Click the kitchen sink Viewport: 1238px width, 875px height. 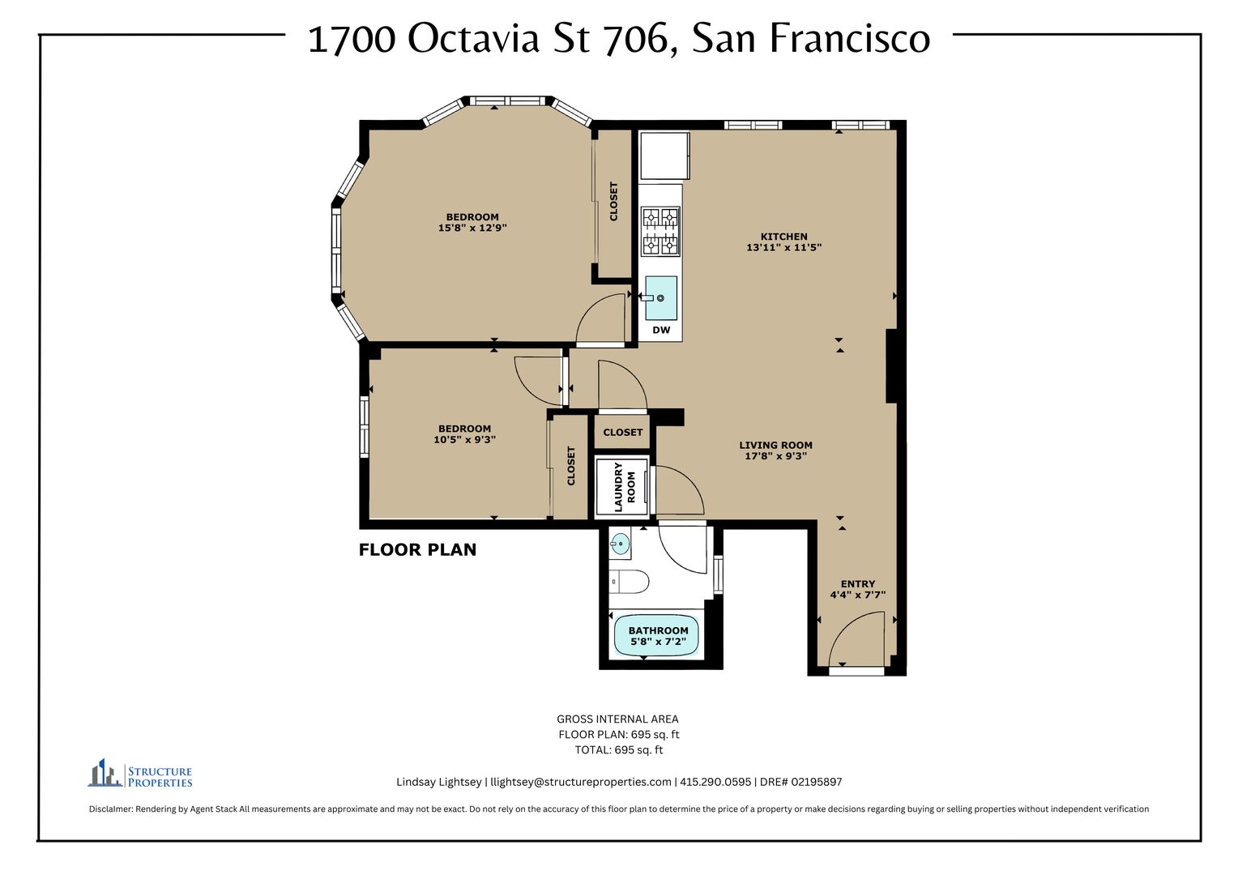click(x=661, y=298)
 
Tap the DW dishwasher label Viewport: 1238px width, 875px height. click(x=661, y=330)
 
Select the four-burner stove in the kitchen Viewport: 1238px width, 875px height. click(x=660, y=232)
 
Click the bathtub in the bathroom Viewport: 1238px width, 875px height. click(x=656, y=636)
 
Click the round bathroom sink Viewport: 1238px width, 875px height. click(x=620, y=544)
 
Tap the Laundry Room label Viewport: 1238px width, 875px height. click(x=625, y=487)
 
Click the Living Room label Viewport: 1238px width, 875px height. click(x=775, y=445)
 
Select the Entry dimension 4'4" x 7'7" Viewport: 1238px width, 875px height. click(x=858, y=595)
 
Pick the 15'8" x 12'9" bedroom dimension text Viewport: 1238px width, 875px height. click(x=472, y=228)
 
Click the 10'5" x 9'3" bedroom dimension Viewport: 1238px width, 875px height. click(x=465, y=440)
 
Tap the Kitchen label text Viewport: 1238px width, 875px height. click(x=783, y=237)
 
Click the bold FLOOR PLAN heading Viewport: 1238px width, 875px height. click(x=418, y=549)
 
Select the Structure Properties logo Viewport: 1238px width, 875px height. click(x=140, y=773)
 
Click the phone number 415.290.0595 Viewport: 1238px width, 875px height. click(x=715, y=782)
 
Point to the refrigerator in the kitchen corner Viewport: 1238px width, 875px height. click(x=664, y=156)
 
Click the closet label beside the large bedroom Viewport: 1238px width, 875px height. click(x=613, y=202)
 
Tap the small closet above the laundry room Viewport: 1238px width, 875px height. click(x=623, y=433)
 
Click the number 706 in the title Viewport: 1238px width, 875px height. click(x=641, y=39)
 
